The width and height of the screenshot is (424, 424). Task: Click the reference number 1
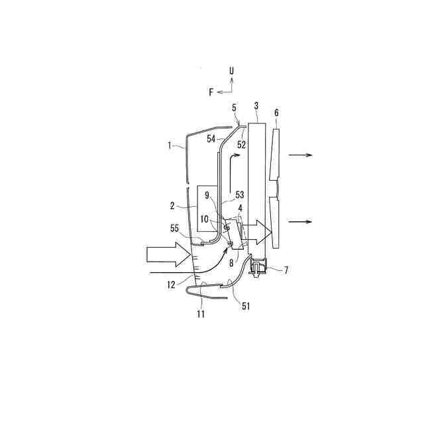[170, 146]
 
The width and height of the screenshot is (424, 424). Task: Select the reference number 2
[172, 206]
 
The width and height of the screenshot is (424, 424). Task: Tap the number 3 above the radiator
[256, 106]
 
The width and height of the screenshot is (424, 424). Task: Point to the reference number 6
[276, 113]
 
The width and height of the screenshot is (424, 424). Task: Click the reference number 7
[286, 270]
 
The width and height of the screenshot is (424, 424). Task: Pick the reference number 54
[211, 139]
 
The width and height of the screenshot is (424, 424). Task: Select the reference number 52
[241, 144]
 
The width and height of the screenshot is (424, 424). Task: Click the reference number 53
[240, 195]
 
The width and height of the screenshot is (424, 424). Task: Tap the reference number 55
[175, 229]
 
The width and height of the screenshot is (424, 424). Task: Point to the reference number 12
[172, 285]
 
